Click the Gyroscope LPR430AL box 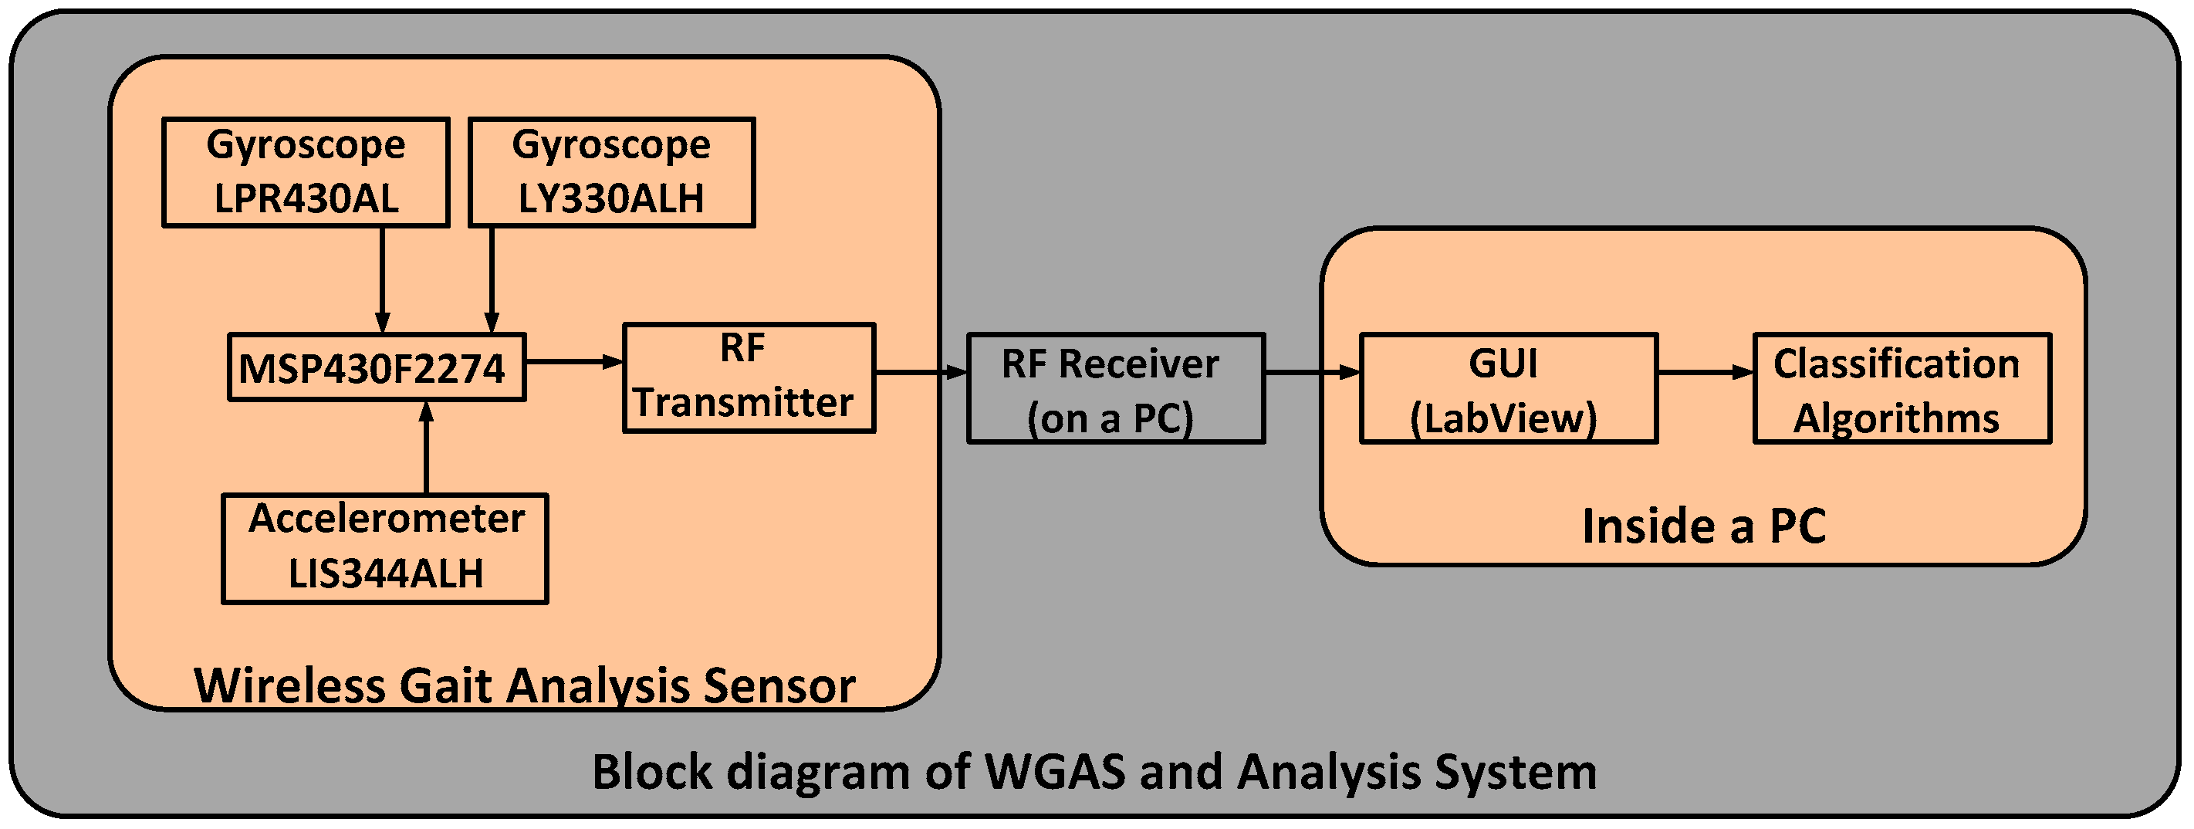(x=306, y=172)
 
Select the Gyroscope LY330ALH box (x=611, y=172)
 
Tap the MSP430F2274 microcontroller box (x=377, y=367)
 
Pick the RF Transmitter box (x=749, y=377)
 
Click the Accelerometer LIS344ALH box (x=385, y=549)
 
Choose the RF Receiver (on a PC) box (x=1116, y=387)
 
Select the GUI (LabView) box (x=1509, y=387)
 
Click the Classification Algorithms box (x=1902, y=387)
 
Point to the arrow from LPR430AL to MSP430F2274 (x=383, y=279)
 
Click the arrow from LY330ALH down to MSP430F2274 (x=492, y=279)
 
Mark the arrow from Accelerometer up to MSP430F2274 (x=427, y=447)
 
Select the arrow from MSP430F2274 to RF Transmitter (x=575, y=362)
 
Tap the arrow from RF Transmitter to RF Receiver (x=921, y=372)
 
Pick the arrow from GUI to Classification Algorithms (x=1706, y=372)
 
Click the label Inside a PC (x=1704, y=526)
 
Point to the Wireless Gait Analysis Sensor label (x=525, y=686)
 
